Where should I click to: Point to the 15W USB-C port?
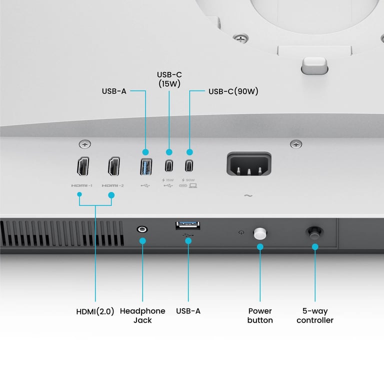click(x=169, y=166)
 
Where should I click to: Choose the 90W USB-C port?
click(x=190, y=166)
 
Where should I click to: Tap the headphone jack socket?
click(x=142, y=229)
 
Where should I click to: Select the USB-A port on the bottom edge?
click(x=188, y=226)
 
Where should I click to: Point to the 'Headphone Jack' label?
click(x=142, y=315)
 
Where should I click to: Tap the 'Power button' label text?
click(x=260, y=315)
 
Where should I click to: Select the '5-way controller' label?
click(x=315, y=315)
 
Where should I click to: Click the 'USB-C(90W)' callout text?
click(x=233, y=91)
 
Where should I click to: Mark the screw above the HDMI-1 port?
click(x=85, y=144)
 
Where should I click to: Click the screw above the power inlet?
click(x=297, y=144)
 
